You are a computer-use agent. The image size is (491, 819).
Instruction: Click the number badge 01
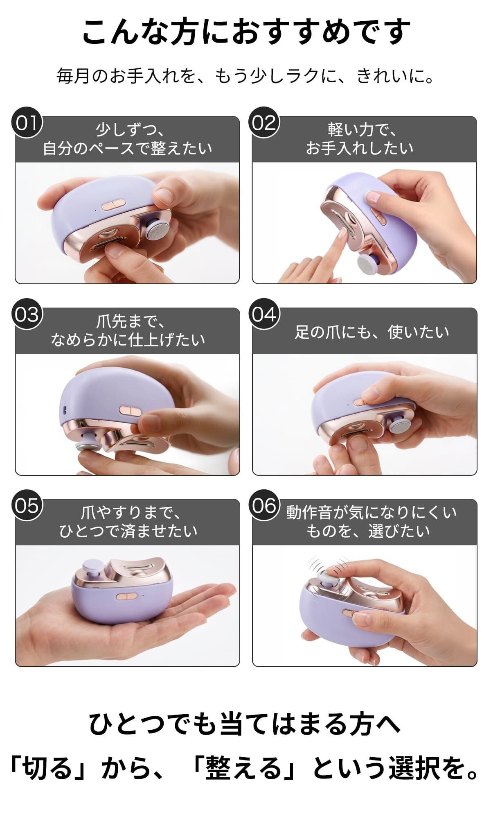(27, 123)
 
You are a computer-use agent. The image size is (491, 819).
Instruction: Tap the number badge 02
(264, 123)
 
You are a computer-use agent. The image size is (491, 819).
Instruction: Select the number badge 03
(27, 314)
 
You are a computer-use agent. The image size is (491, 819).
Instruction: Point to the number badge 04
(264, 314)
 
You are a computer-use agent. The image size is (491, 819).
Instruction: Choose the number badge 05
(27, 505)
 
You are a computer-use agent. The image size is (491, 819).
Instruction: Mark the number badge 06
(264, 505)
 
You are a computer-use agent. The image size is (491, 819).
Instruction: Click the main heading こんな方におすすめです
(246, 32)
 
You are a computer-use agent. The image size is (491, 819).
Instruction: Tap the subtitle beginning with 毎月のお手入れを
(245, 76)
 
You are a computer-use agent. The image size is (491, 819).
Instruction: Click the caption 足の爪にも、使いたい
(372, 332)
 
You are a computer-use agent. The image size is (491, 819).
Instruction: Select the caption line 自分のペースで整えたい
(128, 148)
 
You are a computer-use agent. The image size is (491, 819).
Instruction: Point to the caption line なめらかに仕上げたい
(128, 339)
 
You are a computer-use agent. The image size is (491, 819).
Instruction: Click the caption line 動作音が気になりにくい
(371, 512)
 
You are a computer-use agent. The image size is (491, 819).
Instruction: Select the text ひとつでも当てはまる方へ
(245, 724)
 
